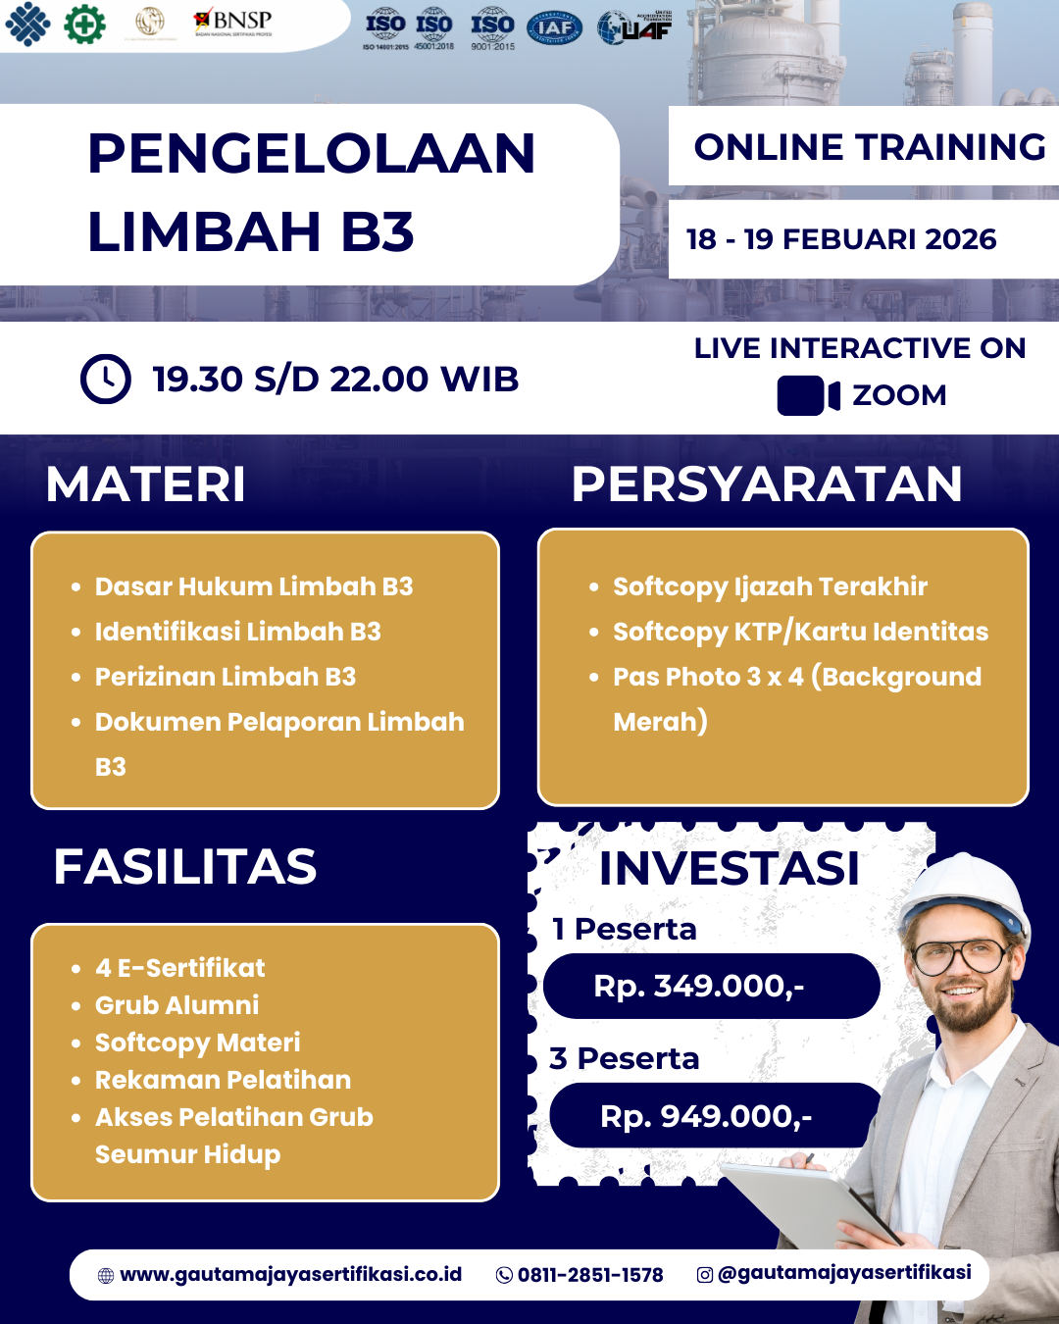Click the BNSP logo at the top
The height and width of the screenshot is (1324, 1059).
233,22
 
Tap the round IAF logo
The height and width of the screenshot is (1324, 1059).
554,28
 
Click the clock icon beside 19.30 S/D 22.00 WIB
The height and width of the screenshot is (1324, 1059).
105,379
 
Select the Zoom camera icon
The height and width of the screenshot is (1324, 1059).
808,395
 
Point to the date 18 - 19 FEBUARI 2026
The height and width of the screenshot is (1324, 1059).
840,239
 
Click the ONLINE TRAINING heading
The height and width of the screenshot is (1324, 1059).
869,147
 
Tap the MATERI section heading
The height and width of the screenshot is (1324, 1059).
146,484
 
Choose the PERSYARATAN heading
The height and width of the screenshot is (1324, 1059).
766,484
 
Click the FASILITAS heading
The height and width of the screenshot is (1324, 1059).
184,867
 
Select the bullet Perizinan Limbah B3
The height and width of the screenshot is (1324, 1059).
225,677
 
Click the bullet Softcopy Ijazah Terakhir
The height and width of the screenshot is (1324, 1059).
770,586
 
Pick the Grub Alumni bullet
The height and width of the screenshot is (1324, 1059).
176,1005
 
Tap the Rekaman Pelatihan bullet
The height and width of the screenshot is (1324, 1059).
223,1080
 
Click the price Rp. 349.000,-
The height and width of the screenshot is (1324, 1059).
699,986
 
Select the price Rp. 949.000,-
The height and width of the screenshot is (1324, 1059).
706,1116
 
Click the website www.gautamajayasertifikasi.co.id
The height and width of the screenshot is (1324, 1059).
290,1274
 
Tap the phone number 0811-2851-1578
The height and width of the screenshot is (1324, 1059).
589,1275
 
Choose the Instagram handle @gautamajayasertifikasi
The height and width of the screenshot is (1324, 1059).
843,1273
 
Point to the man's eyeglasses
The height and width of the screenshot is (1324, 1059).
961,953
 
